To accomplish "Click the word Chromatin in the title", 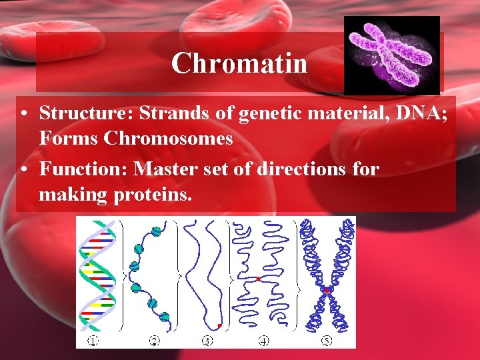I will [239, 64].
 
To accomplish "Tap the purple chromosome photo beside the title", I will [391, 55].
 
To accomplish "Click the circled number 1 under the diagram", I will [93, 341].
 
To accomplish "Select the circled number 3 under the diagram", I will [207, 341].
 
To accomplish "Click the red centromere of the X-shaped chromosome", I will [327, 291].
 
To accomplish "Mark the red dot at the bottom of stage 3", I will [219, 326].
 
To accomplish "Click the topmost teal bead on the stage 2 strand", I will [156, 231].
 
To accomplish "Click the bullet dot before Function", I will [24, 170].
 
